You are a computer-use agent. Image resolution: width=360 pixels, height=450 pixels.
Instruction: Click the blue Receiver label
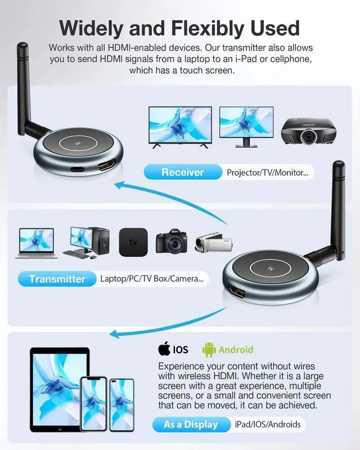point(182,172)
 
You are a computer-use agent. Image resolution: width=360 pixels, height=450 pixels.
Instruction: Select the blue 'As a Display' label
point(190,424)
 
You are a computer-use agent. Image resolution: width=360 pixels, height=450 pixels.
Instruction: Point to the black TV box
point(133,241)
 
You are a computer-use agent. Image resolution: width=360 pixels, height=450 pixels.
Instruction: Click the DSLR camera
point(170,240)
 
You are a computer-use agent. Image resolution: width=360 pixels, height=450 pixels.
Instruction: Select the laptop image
point(37,242)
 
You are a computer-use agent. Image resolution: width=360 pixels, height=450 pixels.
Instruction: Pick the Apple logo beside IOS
point(164,349)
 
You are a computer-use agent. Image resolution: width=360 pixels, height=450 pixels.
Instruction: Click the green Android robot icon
point(209,349)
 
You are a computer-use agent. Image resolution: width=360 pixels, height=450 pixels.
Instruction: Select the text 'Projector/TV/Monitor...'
point(267,172)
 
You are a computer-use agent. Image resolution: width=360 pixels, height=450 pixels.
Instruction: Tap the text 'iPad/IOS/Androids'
point(268,424)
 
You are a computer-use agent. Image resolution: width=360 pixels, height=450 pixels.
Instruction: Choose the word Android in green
point(236,349)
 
